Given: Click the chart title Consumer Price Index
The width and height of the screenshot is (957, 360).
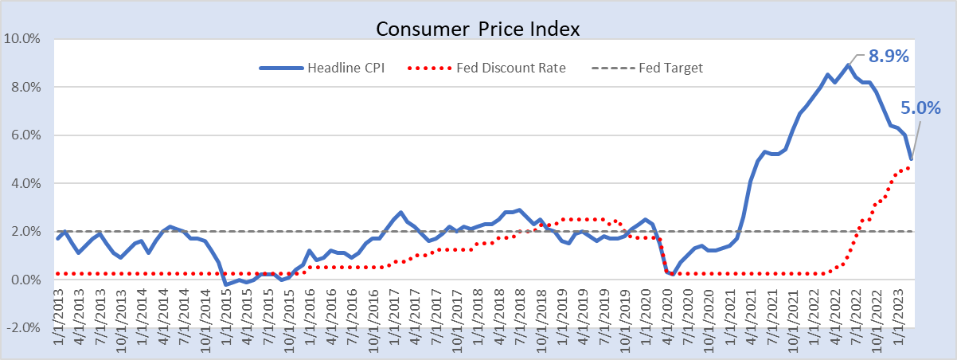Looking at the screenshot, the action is pos(478,29).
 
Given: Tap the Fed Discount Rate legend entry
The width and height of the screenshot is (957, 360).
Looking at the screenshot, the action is pos(486,68).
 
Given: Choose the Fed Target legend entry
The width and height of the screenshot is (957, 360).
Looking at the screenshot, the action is pos(647,68).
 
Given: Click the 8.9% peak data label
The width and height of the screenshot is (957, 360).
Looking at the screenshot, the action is pos(889,56).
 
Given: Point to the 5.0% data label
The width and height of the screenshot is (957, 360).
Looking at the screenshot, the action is pos(920,108).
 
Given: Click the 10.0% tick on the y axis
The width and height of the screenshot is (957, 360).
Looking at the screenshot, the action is pos(21,39).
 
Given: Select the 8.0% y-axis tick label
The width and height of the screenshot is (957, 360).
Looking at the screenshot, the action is pos(25,88).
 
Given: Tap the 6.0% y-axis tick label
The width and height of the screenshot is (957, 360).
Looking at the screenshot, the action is pos(25,135).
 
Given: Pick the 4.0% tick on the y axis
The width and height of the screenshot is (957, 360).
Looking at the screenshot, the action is pos(25,183).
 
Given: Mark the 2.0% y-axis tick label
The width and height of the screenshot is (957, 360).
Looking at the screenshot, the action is pos(25,232).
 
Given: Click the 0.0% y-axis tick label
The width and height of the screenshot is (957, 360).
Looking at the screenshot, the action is pos(25,280).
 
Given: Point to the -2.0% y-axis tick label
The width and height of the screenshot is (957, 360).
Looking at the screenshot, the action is pos(24,328).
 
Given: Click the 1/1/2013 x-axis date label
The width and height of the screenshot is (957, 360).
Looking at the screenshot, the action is pos(58,317).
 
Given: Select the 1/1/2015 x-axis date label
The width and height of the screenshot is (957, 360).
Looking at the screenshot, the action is pos(226,317).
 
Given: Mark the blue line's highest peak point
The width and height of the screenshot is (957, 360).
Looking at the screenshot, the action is pos(848,65).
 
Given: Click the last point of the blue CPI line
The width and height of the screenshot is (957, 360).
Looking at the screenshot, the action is pos(912,159).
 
